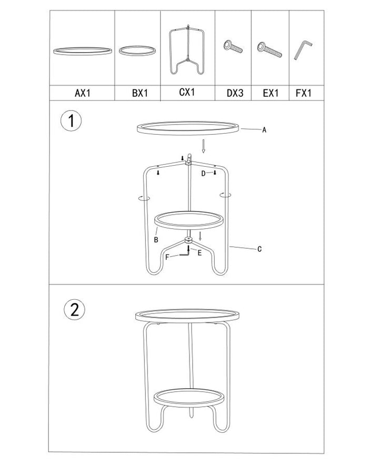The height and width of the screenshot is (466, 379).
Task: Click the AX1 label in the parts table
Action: tap(83, 93)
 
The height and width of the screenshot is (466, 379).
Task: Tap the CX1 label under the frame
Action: tap(187, 92)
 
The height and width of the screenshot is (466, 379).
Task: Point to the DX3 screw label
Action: tap(235, 93)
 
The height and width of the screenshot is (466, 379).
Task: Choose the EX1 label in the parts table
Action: tap(270, 93)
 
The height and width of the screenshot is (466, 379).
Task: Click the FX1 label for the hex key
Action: tap(304, 93)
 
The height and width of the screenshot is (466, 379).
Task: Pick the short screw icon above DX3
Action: tap(233, 47)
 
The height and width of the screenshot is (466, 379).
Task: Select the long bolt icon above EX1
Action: tap(270, 50)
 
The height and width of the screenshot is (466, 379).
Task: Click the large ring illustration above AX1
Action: tap(83, 51)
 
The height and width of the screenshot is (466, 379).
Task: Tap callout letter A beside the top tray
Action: tap(264, 130)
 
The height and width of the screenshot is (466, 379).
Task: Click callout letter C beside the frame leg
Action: tap(260, 249)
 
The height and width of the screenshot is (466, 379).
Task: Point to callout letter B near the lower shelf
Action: tap(156, 240)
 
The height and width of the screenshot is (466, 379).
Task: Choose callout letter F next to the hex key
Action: tap(167, 257)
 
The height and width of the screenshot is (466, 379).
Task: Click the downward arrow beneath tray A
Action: tap(204, 146)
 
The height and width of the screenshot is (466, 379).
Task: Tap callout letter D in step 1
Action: tap(203, 174)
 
